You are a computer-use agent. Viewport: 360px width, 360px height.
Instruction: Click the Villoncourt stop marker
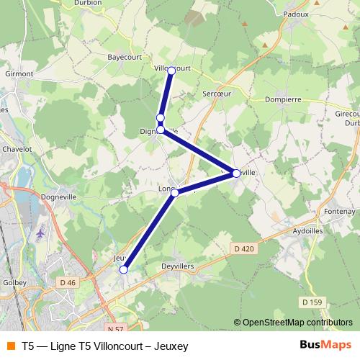[x=171, y=70]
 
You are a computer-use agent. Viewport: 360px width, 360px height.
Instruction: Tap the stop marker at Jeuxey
[x=124, y=269]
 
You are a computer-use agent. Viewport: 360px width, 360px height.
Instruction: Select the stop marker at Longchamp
[x=175, y=193]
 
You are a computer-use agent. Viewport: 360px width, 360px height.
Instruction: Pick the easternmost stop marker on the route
[x=236, y=173]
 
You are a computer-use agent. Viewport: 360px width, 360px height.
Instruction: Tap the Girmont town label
[x=19, y=73]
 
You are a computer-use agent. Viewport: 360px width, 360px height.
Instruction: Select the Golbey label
[x=14, y=284]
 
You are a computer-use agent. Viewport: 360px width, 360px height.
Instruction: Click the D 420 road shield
[x=245, y=249]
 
